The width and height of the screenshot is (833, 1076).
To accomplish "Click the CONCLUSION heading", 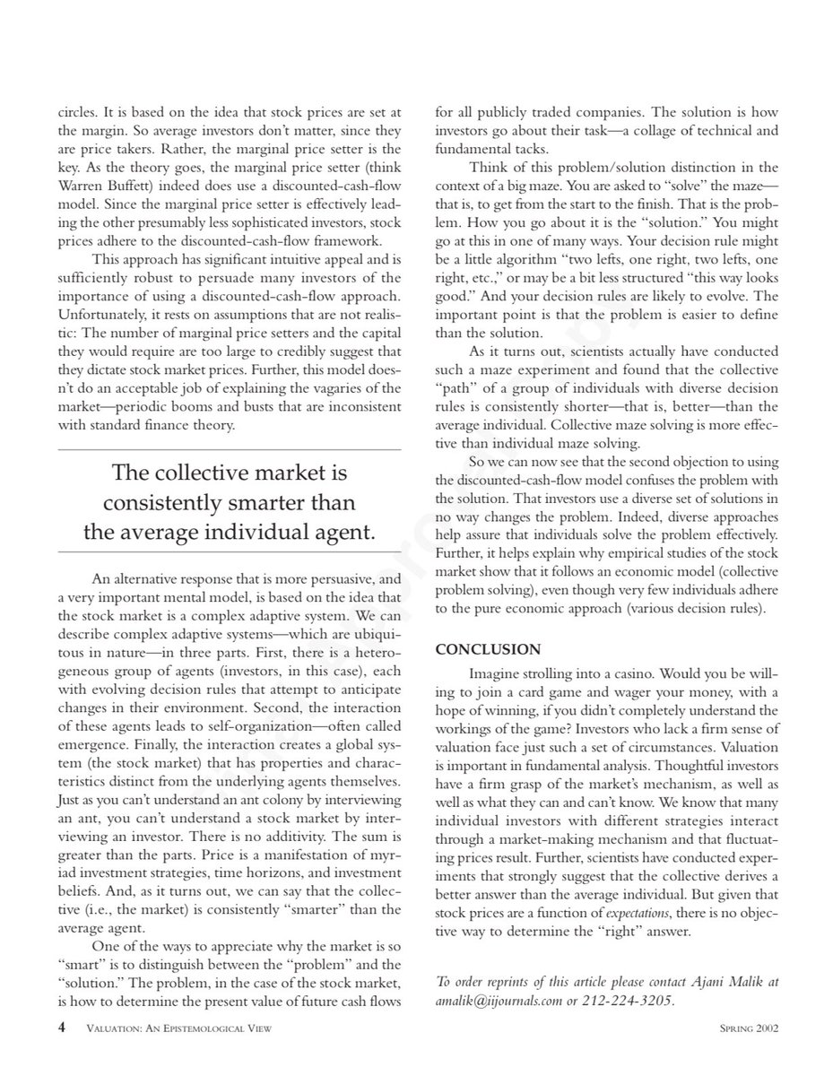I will click(488, 648).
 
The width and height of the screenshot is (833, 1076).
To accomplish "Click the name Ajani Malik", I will click(724, 982).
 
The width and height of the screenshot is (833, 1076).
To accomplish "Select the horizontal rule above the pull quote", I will click(229, 449).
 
